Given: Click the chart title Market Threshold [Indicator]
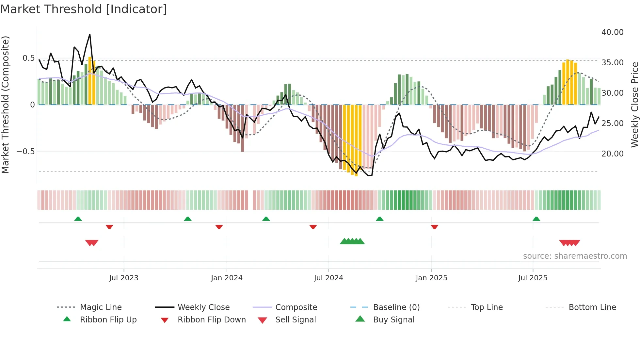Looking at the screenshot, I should (84, 9).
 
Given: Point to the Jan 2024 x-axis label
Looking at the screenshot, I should (227, 278).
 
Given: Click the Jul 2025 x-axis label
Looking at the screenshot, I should (533, 278).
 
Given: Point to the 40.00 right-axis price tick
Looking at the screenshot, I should (612, 32).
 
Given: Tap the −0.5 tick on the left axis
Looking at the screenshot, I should (25, 152).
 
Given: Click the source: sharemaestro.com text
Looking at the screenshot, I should (575, 256).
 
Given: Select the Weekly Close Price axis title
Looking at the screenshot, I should (634, 105).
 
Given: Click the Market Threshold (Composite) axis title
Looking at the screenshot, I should (5, 105).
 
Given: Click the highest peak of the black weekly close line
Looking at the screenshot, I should (90, 34).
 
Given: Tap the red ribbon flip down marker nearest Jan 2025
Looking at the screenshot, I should (434, 227).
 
